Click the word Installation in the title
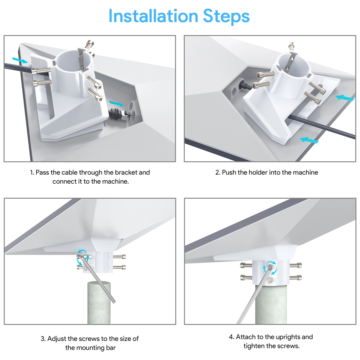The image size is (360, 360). point(153,16)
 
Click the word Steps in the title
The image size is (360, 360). point(226,17)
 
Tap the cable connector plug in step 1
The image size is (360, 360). point(120,114)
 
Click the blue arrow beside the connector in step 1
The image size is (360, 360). point(116,103)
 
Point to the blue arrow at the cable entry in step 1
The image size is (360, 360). point(20,60)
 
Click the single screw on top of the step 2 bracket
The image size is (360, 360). point(292,47)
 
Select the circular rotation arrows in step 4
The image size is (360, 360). point(270,268)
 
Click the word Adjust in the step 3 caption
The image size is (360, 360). point(57,339)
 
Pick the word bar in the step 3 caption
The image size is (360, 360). point(111,348)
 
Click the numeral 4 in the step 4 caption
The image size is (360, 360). point(231,337)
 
